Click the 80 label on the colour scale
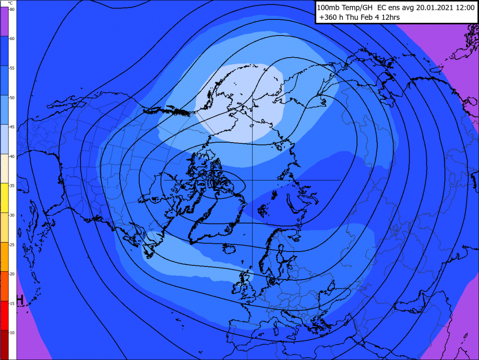[x=12, y=9]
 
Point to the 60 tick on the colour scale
[x=12, y=39]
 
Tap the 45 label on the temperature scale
[x=12, y=127]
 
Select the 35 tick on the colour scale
[x=12, y=186]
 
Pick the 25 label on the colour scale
[x=12, y=245]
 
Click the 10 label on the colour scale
[x=12, y=333]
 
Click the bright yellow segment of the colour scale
[x=4, y=198]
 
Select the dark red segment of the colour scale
[x=4, y=344]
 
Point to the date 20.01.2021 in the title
[x=431, y=8]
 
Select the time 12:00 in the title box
[x=463, y=8]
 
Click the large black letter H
[x=19, y=300]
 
